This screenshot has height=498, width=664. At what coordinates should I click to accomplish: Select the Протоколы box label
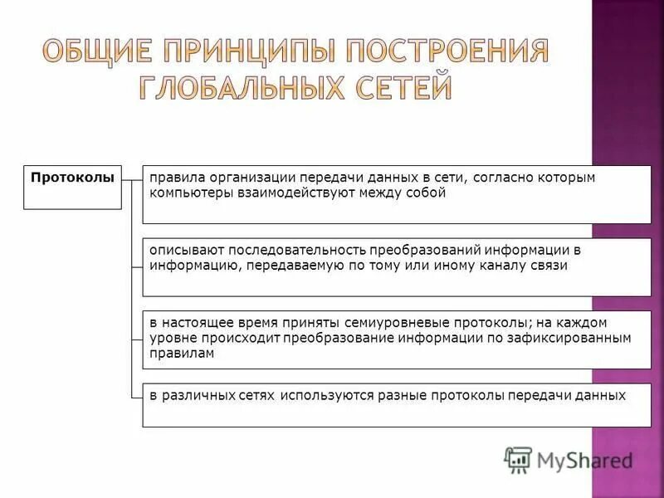72,177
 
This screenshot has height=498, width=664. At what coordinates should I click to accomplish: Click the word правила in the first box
174,178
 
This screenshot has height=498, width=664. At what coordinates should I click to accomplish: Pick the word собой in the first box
427,193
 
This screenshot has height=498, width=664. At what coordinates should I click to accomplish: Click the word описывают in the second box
183,251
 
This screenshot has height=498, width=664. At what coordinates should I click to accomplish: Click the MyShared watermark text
585,459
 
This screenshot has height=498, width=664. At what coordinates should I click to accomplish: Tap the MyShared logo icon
518,459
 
